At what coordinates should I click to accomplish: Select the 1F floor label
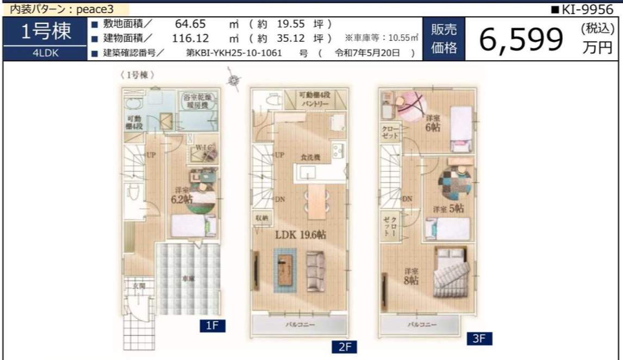pos(211,326)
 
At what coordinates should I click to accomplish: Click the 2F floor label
pos(344,347)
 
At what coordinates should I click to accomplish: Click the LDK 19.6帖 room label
pos(300,235)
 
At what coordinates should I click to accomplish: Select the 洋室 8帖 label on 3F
pos(411,276)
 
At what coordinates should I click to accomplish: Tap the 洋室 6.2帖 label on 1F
pos(182,196)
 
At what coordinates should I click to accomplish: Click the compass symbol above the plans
pos(234,80)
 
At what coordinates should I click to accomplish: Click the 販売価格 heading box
pos(444,39)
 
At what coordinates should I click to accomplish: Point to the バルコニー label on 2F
pos(300,325)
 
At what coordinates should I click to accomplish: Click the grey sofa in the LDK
pos(315,270)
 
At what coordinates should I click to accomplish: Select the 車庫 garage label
pos(188,278)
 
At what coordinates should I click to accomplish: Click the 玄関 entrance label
pos(139,285)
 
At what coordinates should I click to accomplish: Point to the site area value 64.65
pos(191,24)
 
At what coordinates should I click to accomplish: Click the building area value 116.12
pos(191,39)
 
